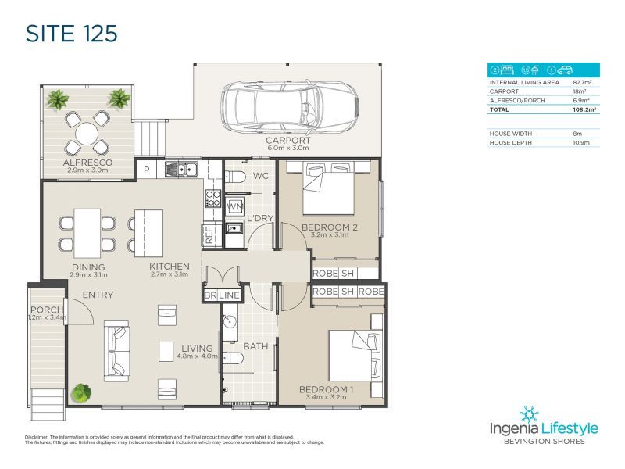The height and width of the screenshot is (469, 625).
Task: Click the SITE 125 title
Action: click(x=71, y=34)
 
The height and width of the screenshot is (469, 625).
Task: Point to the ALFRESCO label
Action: click(x=87, y=163)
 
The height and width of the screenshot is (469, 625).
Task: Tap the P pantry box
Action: click(x=146, y=170)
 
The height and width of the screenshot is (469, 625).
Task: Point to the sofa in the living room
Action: click(x=118, y=353)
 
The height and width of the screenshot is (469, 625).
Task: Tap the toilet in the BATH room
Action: click(x=234, y=358)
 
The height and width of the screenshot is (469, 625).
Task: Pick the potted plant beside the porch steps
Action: click(x=80, y=392)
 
